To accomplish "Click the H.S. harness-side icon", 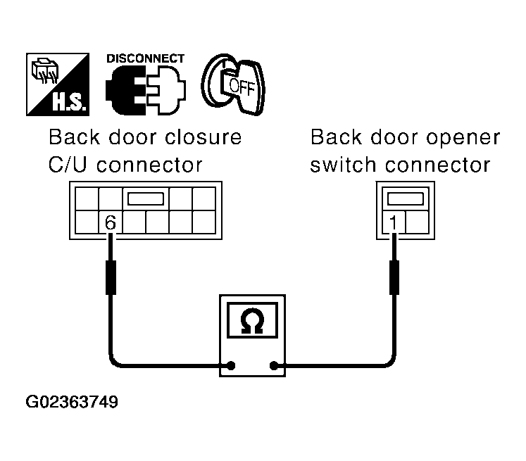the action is [x=58, y=84].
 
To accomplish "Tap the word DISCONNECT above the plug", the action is [x=145, y=58].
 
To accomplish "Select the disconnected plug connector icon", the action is [x=146, y=90].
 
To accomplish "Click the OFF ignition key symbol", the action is [x=233, y=84].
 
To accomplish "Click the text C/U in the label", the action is [x=68, y=165].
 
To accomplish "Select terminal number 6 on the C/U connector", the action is [x=111, y=222].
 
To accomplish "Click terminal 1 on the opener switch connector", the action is [x=393, y=222].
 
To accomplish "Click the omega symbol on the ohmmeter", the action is [x=252, y=321].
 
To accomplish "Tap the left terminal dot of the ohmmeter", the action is [x=231, y=365].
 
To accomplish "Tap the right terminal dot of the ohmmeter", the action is [x=274, y=365].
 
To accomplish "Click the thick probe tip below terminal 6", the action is [x=111, y=277].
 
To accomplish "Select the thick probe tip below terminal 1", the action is [x=394, y=277].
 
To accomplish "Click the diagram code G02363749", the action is [x=72, y=402].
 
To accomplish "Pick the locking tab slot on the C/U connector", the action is [x=146, y=198].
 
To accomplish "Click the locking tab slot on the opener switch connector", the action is [x=405, y=198].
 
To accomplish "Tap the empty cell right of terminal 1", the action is [x=417, y=222].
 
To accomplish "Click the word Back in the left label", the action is [x=75, y=137].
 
